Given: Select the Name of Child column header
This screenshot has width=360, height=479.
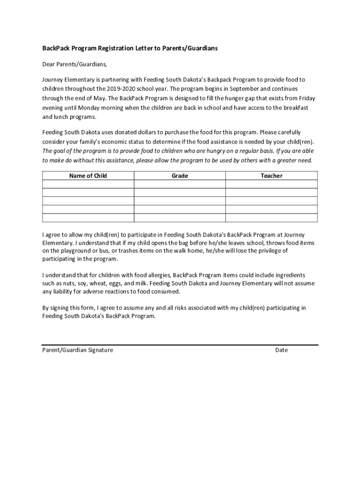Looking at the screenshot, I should click(x=88, y=176).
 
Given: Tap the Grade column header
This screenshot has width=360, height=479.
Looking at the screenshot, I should click(x=180, y=176).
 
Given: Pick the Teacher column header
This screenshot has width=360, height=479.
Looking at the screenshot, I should click(x=271, y=176).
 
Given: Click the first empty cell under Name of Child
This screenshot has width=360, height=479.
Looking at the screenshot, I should click(x=88, y=184).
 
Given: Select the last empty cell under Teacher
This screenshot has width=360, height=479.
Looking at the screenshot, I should click(x=271, y=218).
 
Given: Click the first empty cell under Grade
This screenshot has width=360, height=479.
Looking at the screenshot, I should click(x=180, y=184).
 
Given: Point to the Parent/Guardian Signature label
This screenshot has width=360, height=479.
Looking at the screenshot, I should click(x=78, y=350).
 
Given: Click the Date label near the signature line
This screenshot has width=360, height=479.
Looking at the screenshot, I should click(x=281, y=350).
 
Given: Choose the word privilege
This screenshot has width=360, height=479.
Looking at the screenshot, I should click(x=266, y=251).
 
